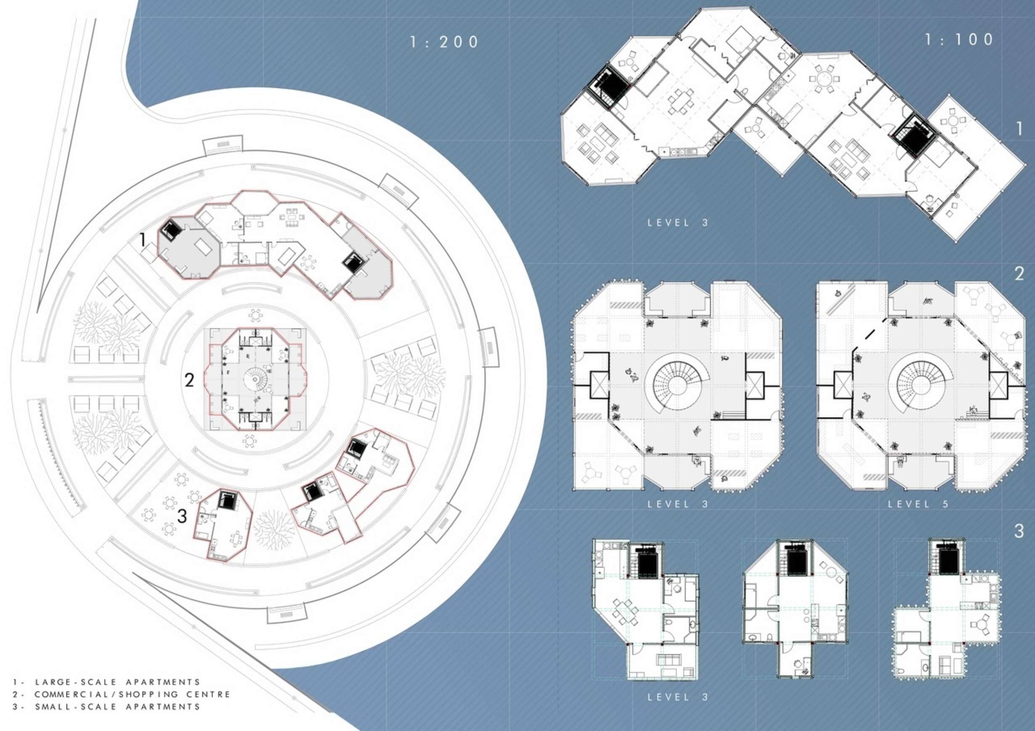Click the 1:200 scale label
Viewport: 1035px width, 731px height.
444,42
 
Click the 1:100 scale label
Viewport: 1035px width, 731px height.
960,40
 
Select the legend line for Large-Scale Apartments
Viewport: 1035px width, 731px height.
106,682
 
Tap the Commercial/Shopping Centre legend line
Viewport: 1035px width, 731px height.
121,694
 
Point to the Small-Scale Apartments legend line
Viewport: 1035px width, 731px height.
106,706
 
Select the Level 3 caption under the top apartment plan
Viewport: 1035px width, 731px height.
678,222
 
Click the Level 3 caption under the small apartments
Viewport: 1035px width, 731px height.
678,697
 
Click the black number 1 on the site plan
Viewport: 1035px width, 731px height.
143,239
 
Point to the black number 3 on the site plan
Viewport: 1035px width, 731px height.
182,516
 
